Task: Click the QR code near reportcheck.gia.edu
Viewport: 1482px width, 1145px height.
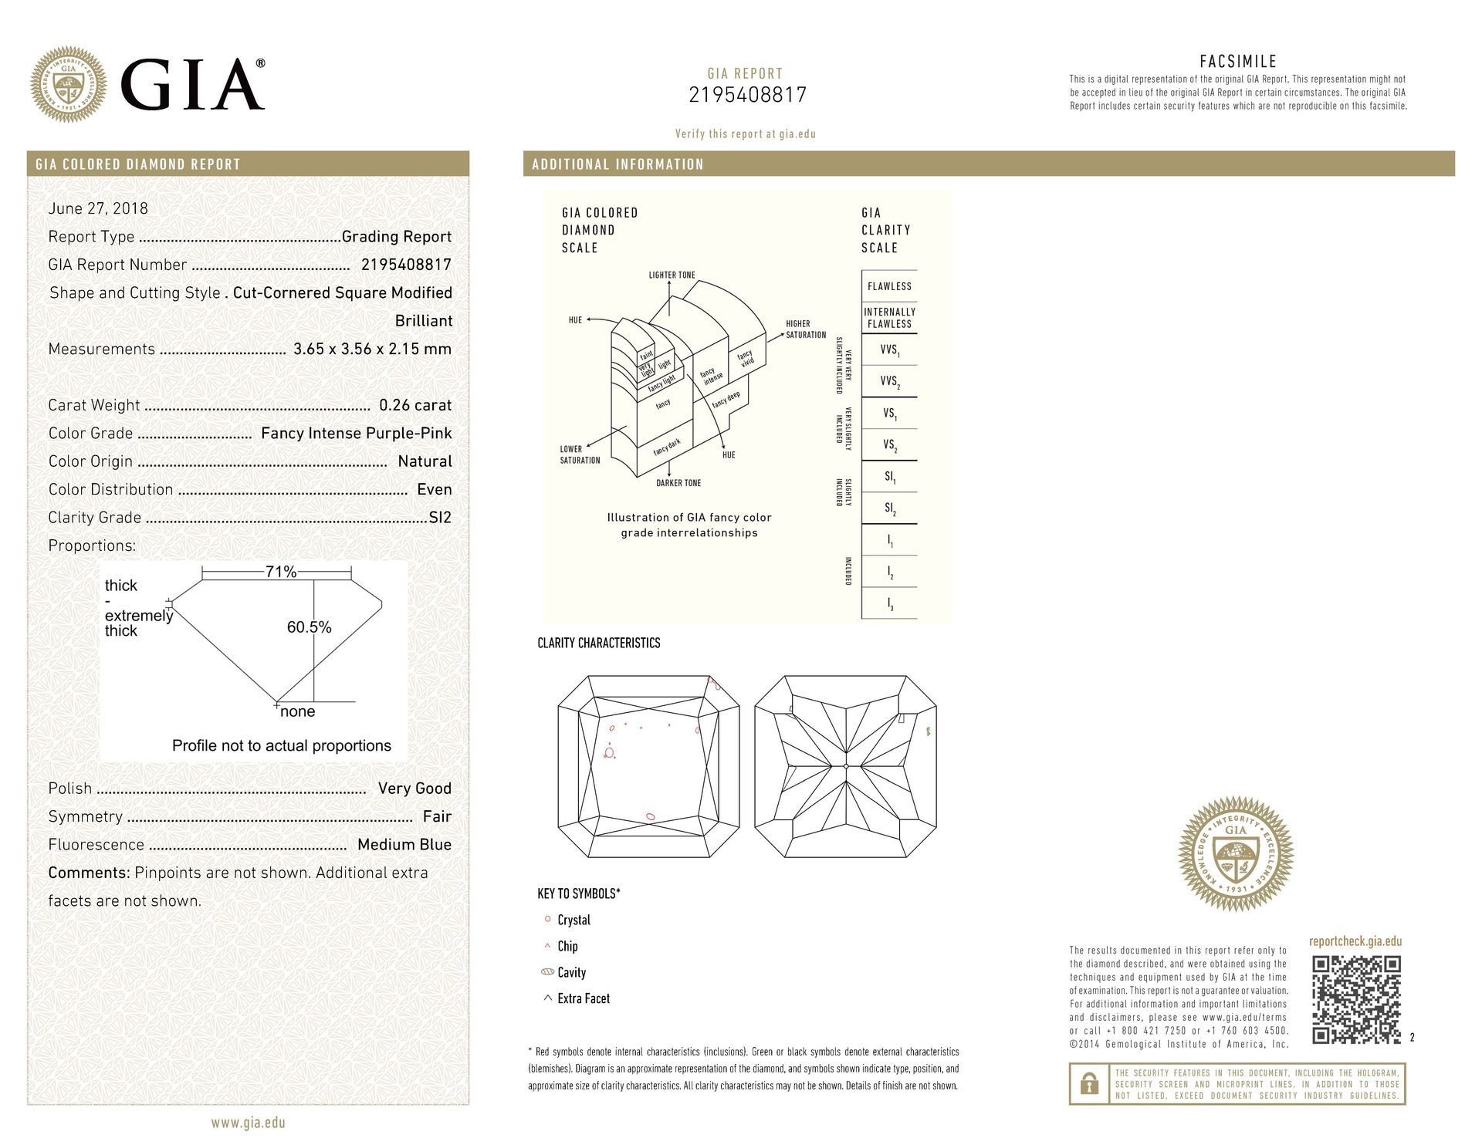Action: (1356, 999)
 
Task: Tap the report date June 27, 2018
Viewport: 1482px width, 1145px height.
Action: (98, 208)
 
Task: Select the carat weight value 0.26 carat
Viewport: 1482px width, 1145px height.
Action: (415, 405)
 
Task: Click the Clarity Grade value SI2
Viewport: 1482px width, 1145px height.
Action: (440, 518)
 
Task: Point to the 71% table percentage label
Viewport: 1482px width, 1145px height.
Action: (281, 572)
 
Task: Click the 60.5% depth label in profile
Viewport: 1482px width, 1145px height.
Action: (309, 627)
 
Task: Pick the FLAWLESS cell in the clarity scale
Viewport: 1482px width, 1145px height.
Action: (889, 286)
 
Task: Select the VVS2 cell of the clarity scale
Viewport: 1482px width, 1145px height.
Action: (889, 382)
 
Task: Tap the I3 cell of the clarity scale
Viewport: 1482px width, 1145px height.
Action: (889, 604)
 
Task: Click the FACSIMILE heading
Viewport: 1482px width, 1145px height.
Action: (1238, 62)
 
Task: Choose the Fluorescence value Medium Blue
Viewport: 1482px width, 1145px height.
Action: (404, 845)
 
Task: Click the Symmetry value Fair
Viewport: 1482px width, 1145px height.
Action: (437, 816)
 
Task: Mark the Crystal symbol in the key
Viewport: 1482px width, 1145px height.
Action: (547, 919)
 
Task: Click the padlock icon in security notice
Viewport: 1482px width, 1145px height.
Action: (1089, 1085)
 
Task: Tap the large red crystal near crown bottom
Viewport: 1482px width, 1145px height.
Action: (651, 816)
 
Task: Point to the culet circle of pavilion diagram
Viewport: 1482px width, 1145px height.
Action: (846, 766)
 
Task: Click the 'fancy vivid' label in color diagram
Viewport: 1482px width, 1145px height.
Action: (746, 360)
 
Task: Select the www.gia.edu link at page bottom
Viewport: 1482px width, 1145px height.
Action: (248, 1123)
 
